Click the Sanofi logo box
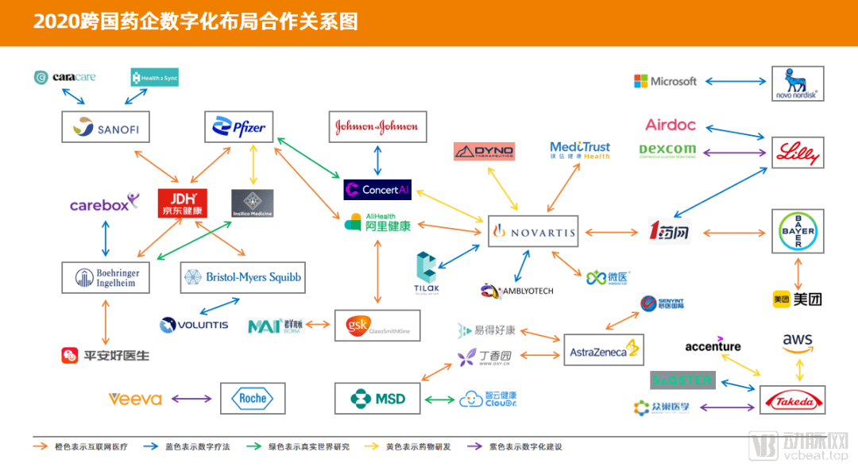point(105,127)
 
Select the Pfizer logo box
point(239,127)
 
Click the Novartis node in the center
point(531,232)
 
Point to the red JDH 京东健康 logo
point(182,203)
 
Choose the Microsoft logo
point(665,81)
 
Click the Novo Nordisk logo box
point(798,83)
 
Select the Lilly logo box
point(798,152)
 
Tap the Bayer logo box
point(798,231)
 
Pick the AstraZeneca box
point(603,350)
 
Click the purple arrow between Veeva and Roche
point(191,399)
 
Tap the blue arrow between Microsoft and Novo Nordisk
point(736,81)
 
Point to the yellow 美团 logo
point(798,299)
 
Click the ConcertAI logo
point(377,190)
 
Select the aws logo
point(797,343)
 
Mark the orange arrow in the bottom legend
point(41,446)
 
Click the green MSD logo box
point(377,399)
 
